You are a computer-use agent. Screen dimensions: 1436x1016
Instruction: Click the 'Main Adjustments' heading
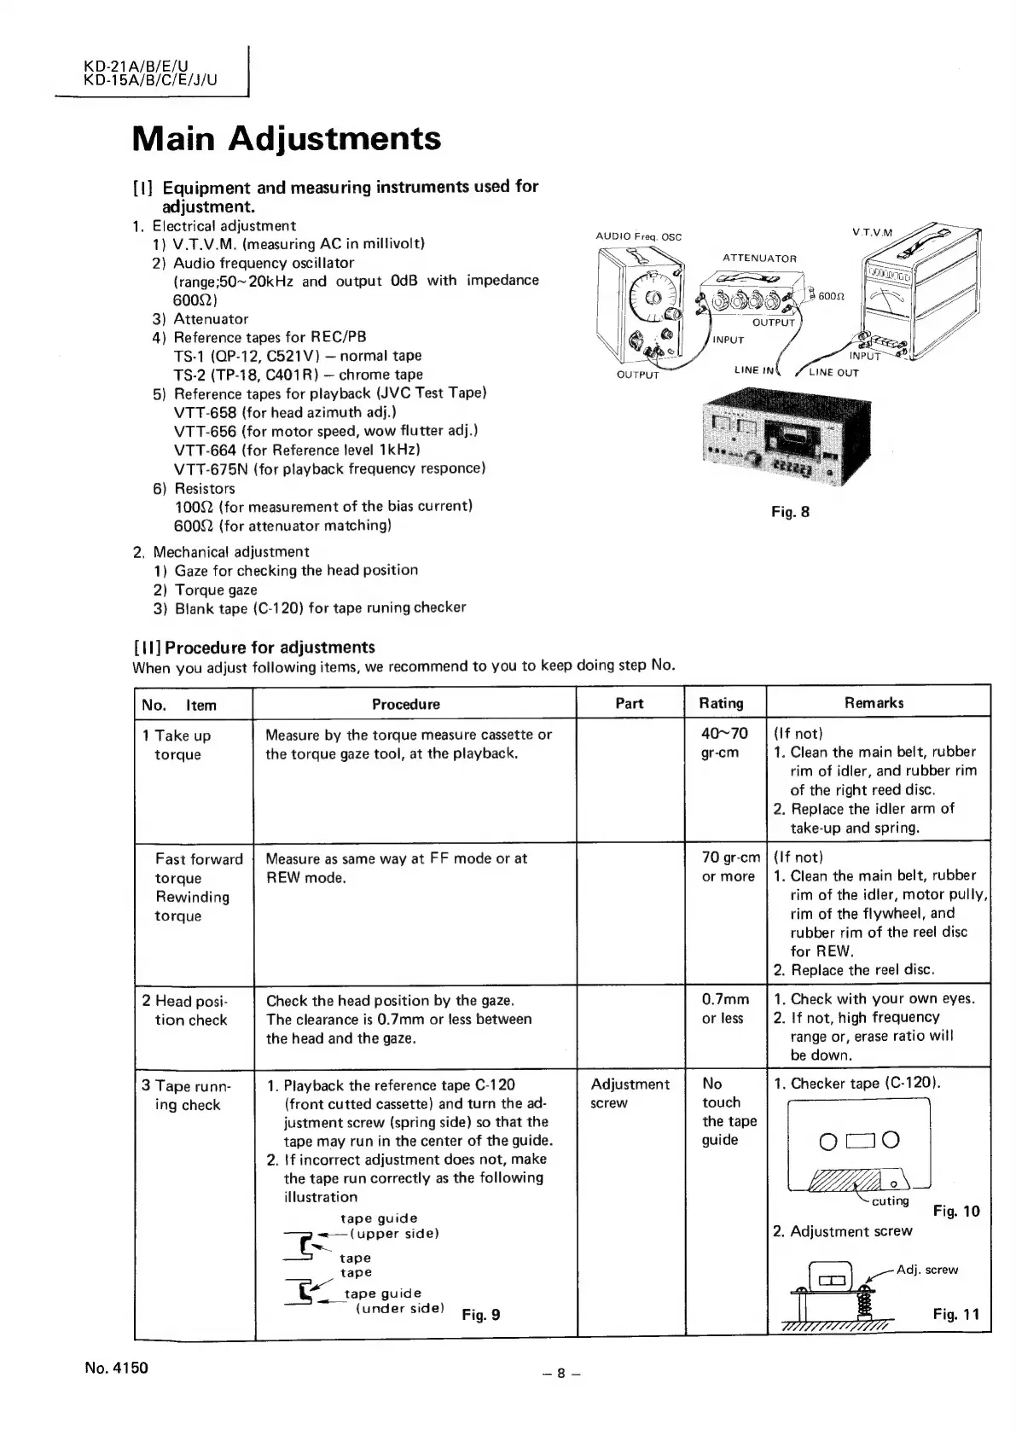287,138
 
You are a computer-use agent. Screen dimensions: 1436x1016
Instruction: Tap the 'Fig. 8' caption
790,513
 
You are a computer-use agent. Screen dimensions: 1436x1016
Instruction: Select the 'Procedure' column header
405,704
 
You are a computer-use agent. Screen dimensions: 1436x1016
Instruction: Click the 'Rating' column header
721,703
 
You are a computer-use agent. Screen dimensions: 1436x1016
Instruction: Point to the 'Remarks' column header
874,703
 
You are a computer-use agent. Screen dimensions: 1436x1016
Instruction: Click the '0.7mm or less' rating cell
725,1008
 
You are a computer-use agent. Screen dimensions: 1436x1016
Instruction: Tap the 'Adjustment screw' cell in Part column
630,1093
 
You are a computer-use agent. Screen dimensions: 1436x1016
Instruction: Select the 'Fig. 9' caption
480,1315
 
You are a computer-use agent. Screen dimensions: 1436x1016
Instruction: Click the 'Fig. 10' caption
956,1211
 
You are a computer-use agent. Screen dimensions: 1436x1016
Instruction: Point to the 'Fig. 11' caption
956,1314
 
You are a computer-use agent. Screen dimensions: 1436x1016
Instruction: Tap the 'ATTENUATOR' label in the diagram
759,258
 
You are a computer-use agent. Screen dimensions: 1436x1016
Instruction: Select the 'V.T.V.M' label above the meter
872,232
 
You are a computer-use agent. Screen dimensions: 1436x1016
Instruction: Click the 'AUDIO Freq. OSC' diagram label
638,236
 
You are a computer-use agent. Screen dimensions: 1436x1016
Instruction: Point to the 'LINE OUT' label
833,372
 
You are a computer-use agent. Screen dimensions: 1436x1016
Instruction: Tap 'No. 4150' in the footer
116,1368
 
